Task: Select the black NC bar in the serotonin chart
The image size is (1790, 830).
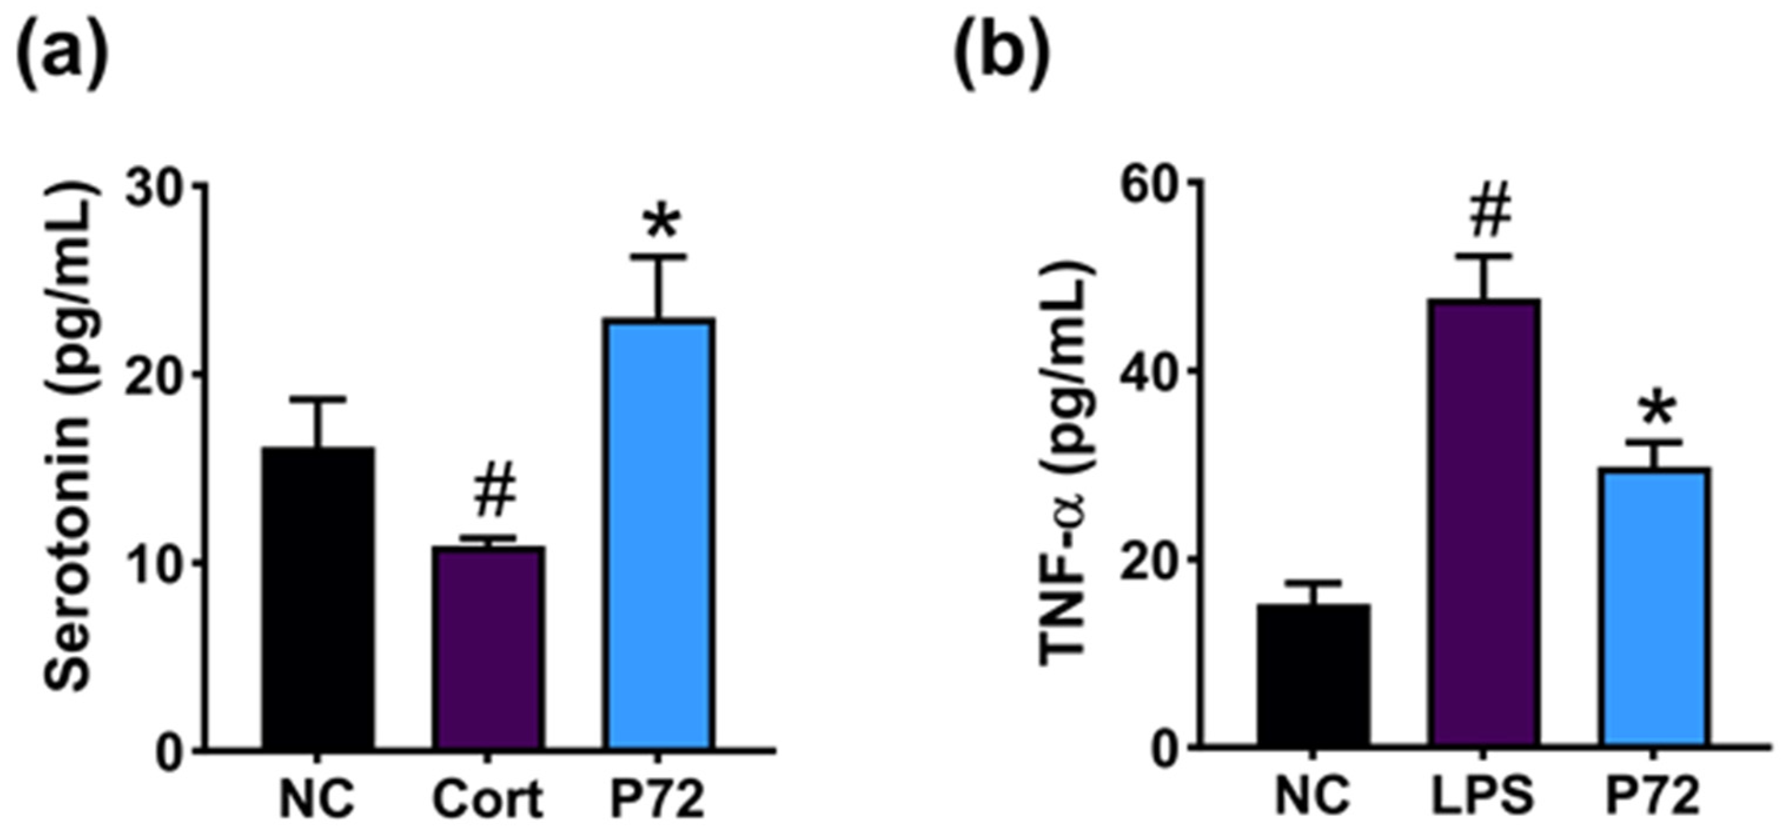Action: click(318, 597)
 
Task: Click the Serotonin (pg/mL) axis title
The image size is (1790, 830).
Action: click(69, 437)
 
